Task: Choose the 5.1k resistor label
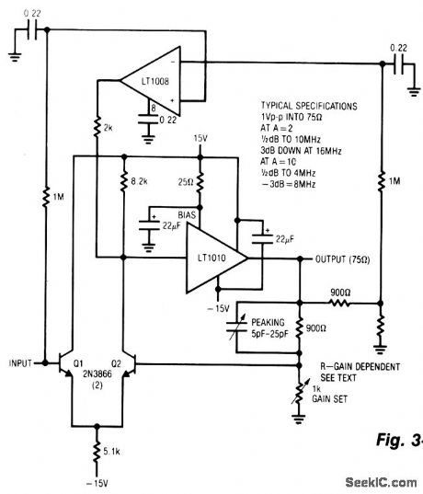click(x=112, y=451)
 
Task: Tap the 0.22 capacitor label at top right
click(x=398, y=47)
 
